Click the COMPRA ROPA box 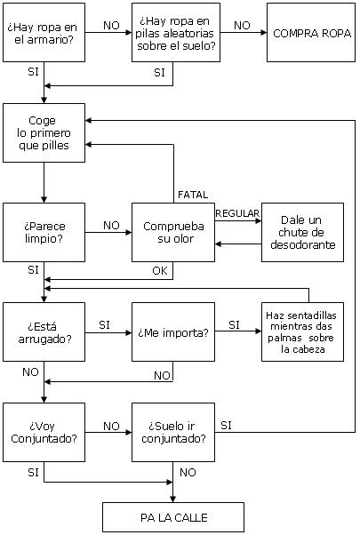[x=311, y=33]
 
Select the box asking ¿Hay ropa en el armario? [x=44, y=33]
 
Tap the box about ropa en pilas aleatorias [x=176, y=33]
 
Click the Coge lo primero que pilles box [x=44, y=132]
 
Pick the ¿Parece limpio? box [x=44, y=232]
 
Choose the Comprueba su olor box [x=173, y=232]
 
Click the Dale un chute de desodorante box [x=303, y=232]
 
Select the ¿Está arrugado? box [x=44, y=332]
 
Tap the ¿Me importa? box [x=173, y=332]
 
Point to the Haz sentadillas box [x=303, y=332]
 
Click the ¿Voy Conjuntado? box [x=44, y=432]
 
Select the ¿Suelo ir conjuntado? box [x=173, y=432]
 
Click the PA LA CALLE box [x=173, y=517]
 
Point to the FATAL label [x=193, y=195]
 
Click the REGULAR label [x=237, y=213]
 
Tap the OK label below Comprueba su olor [x=160, y=271]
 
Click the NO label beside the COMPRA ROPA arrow [x=242, y=25]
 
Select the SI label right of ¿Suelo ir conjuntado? [x=226, y=426]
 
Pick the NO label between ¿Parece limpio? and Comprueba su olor [x=111, y=225]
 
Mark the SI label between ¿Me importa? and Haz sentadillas [x=234, y=325]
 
